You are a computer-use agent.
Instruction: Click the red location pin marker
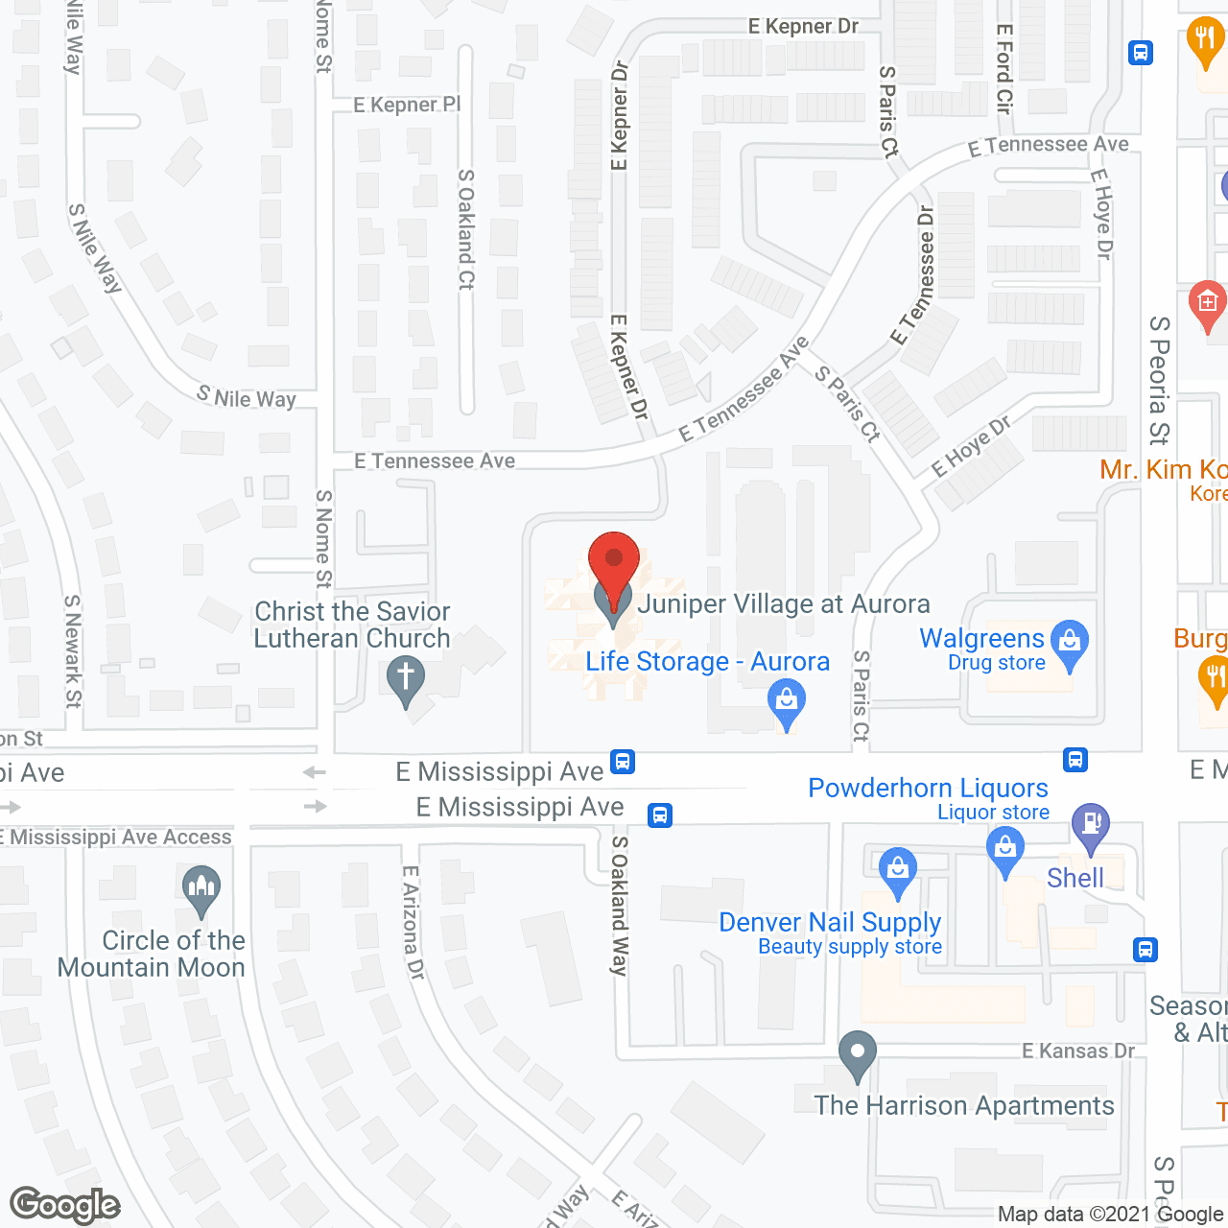pos(613,560)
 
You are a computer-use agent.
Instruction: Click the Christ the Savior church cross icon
pos(406,677)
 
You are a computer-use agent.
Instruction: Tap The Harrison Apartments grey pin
pos(857,1053)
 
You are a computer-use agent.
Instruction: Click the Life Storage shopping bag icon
pos(787,701)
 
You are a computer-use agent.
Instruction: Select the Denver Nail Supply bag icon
pos(897,870)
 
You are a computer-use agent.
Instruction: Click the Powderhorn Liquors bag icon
pos(1004,850)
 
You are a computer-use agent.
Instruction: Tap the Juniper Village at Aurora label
pos(783,603)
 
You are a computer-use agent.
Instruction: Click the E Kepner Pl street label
pos(407,105)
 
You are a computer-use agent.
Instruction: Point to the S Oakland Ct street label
pos(466,229)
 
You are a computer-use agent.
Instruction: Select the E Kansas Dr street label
pos(1077,1051)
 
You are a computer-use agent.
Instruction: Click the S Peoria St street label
pos(1159,380)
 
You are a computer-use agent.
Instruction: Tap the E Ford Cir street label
pos(1004,69)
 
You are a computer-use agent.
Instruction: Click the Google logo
pos(65,1205)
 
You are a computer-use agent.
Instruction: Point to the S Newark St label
pos(73,650)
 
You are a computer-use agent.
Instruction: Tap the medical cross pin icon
pos(1208,303)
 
